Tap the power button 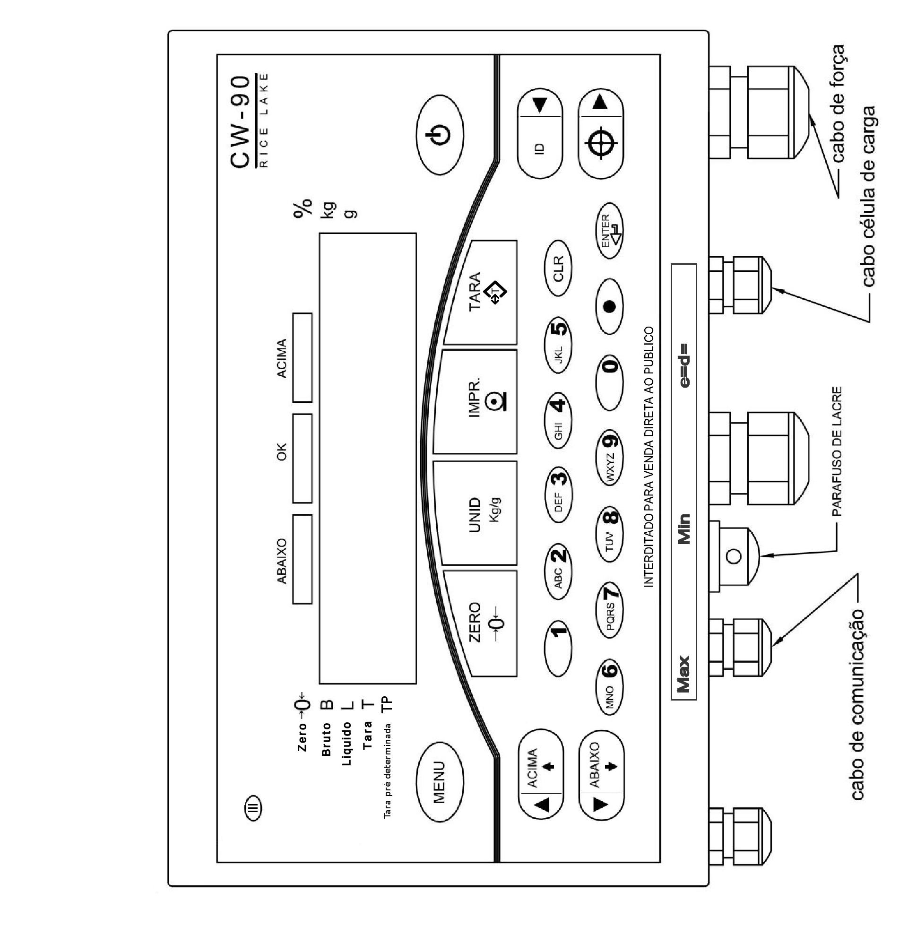(x=440, y=137)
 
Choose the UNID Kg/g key (x=477, y=513)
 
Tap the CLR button (x=558, y=268)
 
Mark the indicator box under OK (x=303, y=458)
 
